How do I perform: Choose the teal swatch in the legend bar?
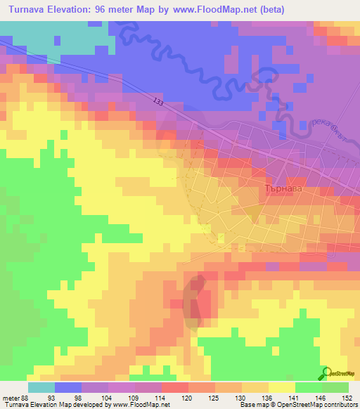(41, 387)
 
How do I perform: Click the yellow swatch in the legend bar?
(282, 387)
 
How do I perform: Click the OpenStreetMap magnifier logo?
(326, 373)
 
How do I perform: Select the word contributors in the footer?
(339, 404)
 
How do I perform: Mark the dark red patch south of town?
(196, 299)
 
